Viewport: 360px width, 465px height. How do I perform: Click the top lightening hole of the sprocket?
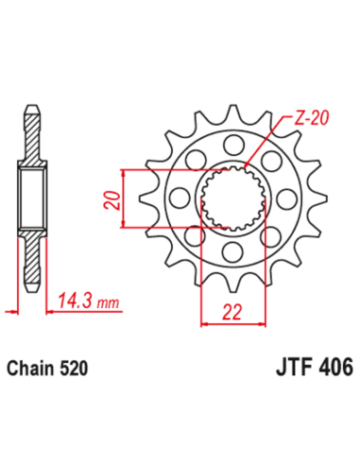point(231,144)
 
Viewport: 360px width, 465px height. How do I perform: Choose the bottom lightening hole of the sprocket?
point(231,252)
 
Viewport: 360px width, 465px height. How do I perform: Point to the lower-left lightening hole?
point(193,237)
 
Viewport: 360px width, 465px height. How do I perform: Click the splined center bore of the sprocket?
point(231,198)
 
